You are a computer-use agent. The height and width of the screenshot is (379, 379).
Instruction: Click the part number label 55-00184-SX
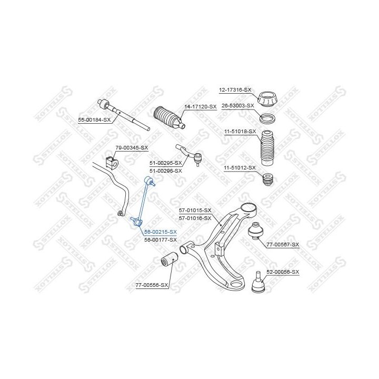95,120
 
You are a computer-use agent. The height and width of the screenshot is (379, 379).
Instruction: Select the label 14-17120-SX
200,107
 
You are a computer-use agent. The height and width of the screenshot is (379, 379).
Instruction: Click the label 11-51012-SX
240,167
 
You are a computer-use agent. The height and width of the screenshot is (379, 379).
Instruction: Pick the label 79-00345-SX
132,148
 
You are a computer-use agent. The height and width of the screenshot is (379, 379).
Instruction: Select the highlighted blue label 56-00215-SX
161,232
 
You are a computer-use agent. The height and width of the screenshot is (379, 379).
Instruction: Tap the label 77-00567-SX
282,245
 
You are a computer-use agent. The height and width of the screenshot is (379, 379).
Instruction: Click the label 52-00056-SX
283,272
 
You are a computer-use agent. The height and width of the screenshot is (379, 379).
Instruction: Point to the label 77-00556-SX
151,285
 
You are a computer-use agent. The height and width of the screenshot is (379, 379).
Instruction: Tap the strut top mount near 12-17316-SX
268,98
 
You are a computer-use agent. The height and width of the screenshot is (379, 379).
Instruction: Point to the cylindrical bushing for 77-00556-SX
169,260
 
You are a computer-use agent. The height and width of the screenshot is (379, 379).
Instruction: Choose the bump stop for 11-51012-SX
268,179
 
